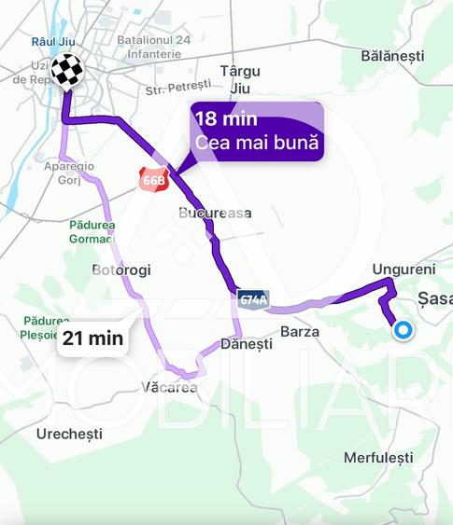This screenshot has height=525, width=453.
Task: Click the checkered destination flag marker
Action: click(x=66, y=70)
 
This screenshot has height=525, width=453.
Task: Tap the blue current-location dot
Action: click(x=403, y=330)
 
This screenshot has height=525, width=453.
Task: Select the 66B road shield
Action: click(x=152, y=179)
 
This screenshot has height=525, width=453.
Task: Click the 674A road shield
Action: click(x=252, y=299)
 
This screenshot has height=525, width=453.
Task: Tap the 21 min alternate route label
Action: click(x=92, y=338)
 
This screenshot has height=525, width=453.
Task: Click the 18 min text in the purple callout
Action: click(x=226, y=119)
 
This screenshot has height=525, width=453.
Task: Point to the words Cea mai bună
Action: click(x=257, y=143)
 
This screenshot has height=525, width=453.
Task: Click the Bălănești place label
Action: click(x=392, y=56)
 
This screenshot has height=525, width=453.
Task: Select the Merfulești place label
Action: click(x=377, y=458)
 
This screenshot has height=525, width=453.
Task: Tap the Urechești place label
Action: click(x=69, y=435)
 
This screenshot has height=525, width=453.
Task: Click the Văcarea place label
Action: click(x=170, y=387)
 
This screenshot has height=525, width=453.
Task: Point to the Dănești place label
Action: click(x=247, y=344)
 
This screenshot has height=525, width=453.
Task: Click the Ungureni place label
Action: click(x=398, y=269)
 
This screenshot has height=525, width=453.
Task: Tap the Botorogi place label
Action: click(x=121, y=270)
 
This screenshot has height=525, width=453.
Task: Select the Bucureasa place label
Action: click(x=215, y=213)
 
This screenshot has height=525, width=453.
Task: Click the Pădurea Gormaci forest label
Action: click(x=92, y=231)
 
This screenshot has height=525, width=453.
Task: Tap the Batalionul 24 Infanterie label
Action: click(x=157, y=48)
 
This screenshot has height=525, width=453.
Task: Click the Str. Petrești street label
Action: click(x=179, y=90)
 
